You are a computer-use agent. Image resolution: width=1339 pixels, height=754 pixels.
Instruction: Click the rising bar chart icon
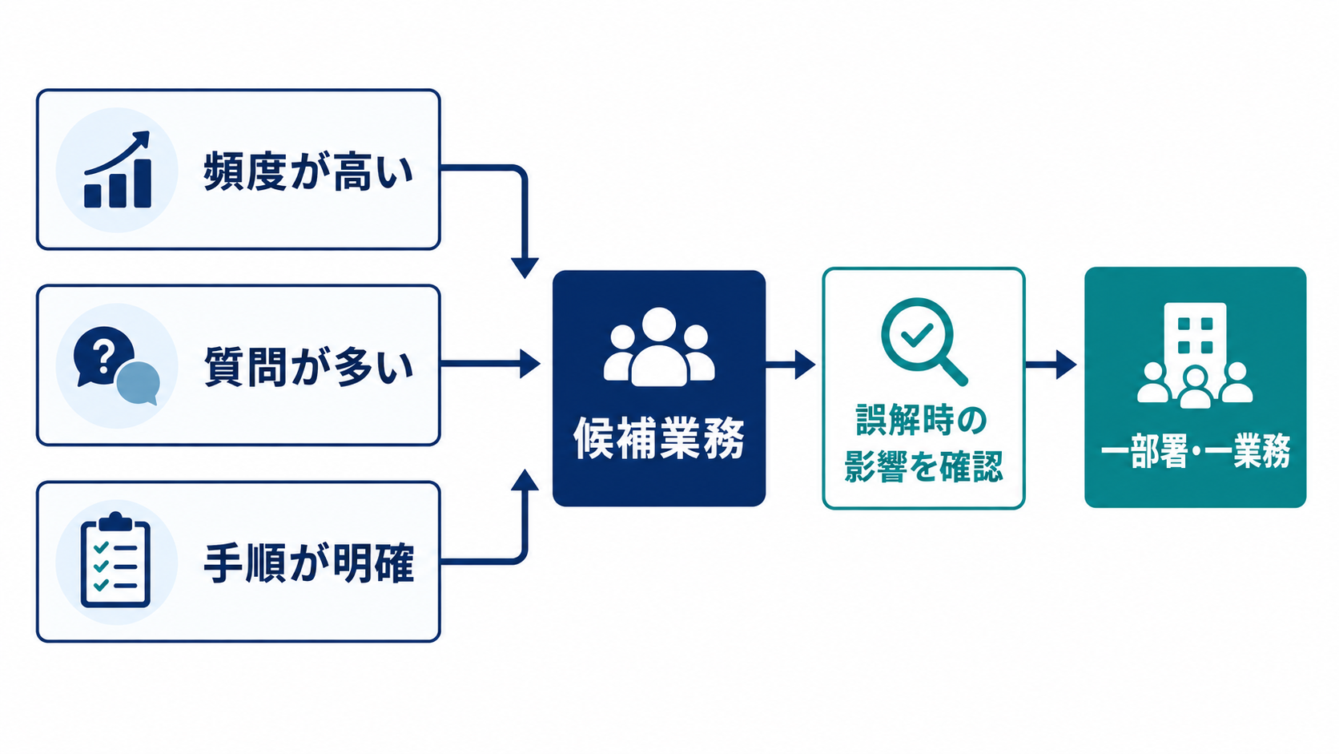click(117, 170)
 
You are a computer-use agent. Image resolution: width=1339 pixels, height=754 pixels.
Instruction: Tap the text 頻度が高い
click(308, 171)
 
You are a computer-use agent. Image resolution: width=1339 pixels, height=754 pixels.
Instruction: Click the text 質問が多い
click(308, 366)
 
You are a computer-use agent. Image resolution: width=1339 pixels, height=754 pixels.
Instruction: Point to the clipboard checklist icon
click(115, 559)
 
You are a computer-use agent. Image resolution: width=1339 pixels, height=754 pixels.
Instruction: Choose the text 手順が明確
click(308, 562)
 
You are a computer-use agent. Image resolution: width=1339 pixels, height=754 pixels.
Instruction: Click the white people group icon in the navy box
click(659, 347)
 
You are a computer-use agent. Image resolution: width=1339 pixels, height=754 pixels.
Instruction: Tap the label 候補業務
click(659, 438)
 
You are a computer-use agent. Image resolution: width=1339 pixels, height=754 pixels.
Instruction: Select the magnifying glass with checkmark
click(923, 341)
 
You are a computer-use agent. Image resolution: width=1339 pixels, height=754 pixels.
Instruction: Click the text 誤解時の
click(921, 420)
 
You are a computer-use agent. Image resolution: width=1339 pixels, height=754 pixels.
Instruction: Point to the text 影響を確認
click(923, 466)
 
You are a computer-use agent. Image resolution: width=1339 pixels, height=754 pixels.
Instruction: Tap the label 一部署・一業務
click(1195, 450)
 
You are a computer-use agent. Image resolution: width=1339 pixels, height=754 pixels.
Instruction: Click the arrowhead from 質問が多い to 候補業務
click(529, 364)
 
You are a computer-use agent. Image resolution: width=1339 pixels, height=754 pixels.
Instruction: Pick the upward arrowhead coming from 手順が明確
click(525, 480)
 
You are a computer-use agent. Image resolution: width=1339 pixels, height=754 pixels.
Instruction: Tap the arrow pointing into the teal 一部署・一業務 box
click(1051, 364)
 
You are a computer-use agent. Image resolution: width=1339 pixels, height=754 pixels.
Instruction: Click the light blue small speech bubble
click(138, 383)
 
